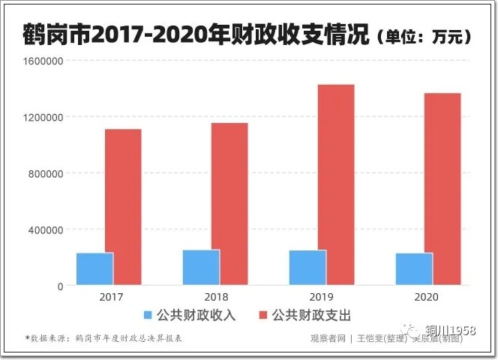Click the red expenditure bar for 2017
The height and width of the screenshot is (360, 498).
click(123, 207)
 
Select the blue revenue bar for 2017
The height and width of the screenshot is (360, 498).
click(94, 269)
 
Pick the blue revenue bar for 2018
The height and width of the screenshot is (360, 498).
click(201, 268)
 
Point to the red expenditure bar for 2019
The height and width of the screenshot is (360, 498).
click(336, 184)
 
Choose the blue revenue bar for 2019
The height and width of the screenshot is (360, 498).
click(307, 268)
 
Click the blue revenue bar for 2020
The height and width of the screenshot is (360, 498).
click(414, 269)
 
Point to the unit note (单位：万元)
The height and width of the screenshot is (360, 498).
click(424, 35)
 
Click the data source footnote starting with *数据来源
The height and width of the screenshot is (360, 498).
click(104, 338)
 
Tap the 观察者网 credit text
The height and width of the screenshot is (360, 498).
click(327, 338)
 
